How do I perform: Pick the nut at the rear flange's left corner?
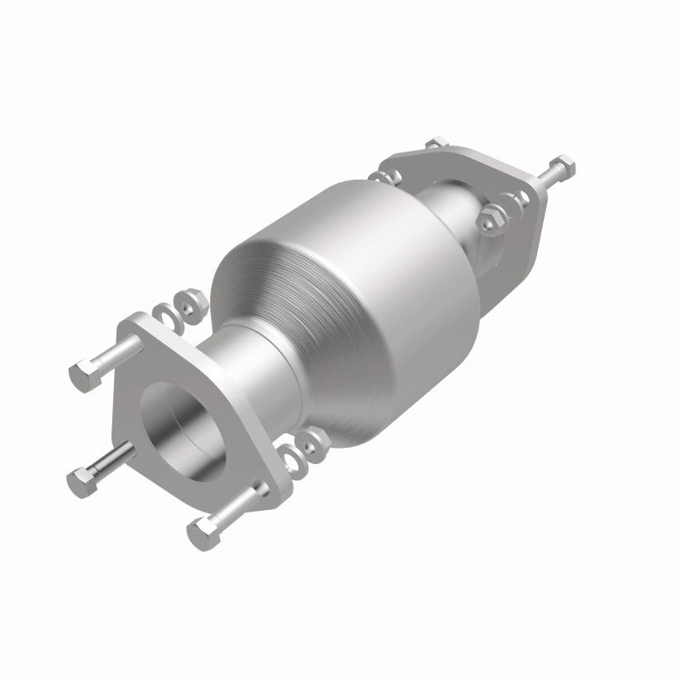click(381, 177)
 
